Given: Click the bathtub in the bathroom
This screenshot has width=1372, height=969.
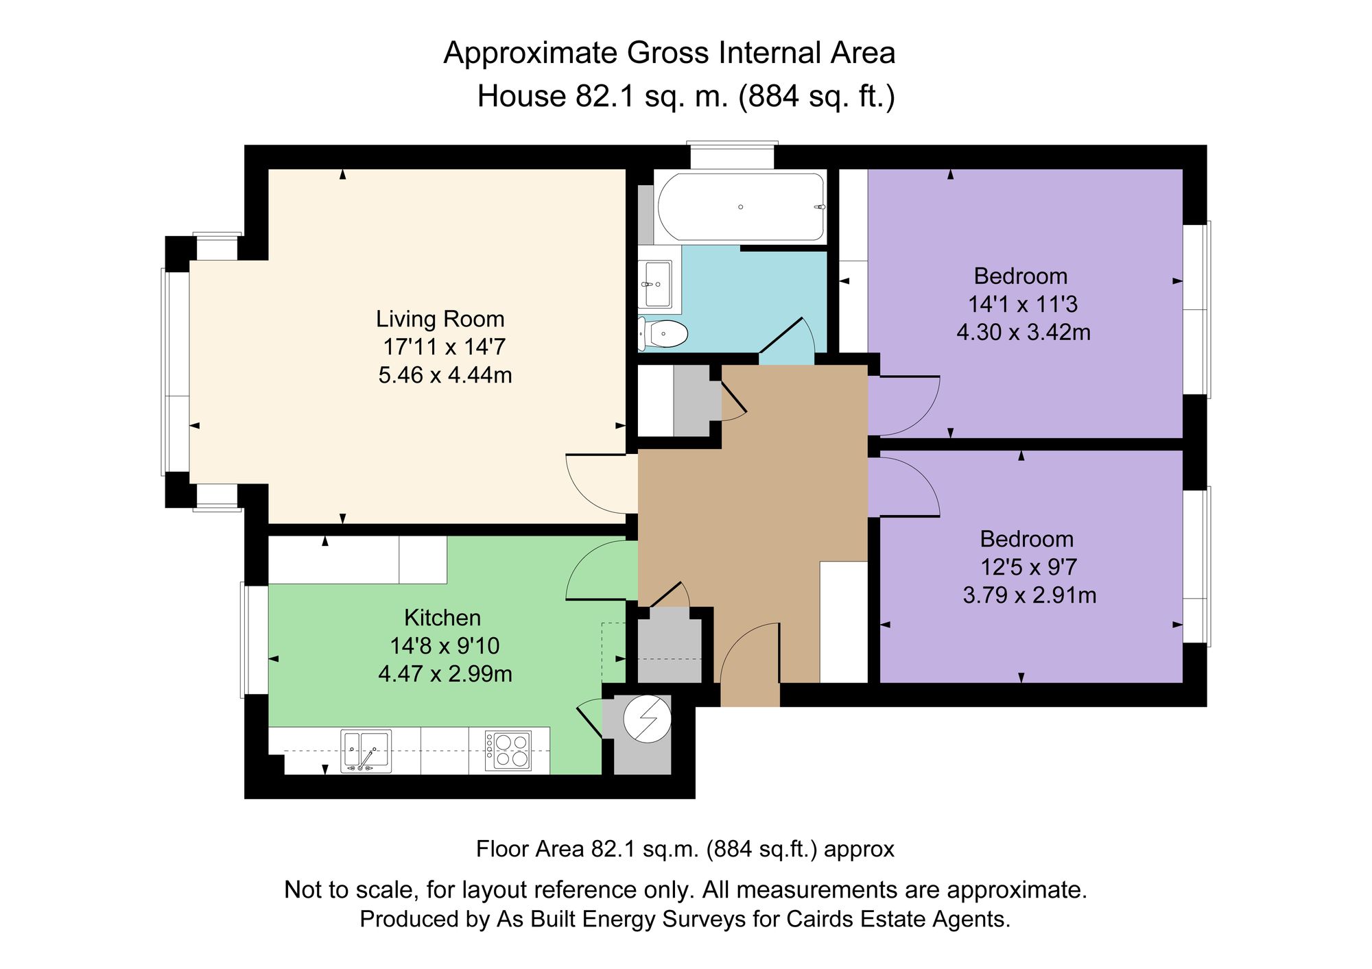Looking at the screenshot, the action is (x=741, y=206).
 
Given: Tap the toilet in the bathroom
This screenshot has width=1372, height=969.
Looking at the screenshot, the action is (x=663, y=334).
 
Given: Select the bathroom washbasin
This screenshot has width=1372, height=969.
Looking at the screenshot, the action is (x=656, y=284).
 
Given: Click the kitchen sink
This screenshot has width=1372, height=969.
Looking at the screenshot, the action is (x=366, y=751).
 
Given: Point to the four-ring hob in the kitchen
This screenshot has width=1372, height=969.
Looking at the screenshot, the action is (x=508, y=751).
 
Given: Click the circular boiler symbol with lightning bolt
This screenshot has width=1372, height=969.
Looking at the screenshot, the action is (x=647, y=719).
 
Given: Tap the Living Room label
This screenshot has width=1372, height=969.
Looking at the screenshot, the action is (x=440, y=319).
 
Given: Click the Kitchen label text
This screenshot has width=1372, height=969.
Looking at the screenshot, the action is (x=442, y=618).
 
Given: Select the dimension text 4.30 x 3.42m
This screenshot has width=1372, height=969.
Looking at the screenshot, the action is (x=1024, y=333).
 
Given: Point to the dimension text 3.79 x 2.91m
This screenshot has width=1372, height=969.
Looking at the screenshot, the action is (x=1029, y=595).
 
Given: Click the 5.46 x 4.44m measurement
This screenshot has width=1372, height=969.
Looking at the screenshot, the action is (x=445, y=375).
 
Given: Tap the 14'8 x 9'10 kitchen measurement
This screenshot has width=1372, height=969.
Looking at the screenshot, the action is (x=445, y=646).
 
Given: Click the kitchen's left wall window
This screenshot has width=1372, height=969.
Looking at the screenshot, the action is (x=255, y=640).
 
